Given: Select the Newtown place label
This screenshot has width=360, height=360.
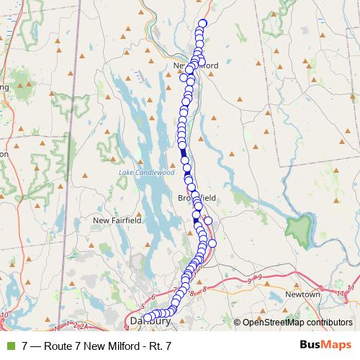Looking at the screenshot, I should (x=302, y=294).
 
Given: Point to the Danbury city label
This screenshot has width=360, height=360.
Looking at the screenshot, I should (x=140, y=321).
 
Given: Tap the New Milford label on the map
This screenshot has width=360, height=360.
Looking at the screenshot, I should (x=196, y=65).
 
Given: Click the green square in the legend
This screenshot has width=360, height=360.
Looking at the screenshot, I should (x=9, y=346).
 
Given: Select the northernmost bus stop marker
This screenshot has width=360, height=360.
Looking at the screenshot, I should (x=203, y=23).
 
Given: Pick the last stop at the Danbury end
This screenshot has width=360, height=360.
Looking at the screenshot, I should (x=148, y=317).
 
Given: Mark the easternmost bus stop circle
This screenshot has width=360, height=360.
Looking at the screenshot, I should (x=212, y=243).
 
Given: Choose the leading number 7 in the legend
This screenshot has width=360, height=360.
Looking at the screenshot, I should (x=25, y=346).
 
